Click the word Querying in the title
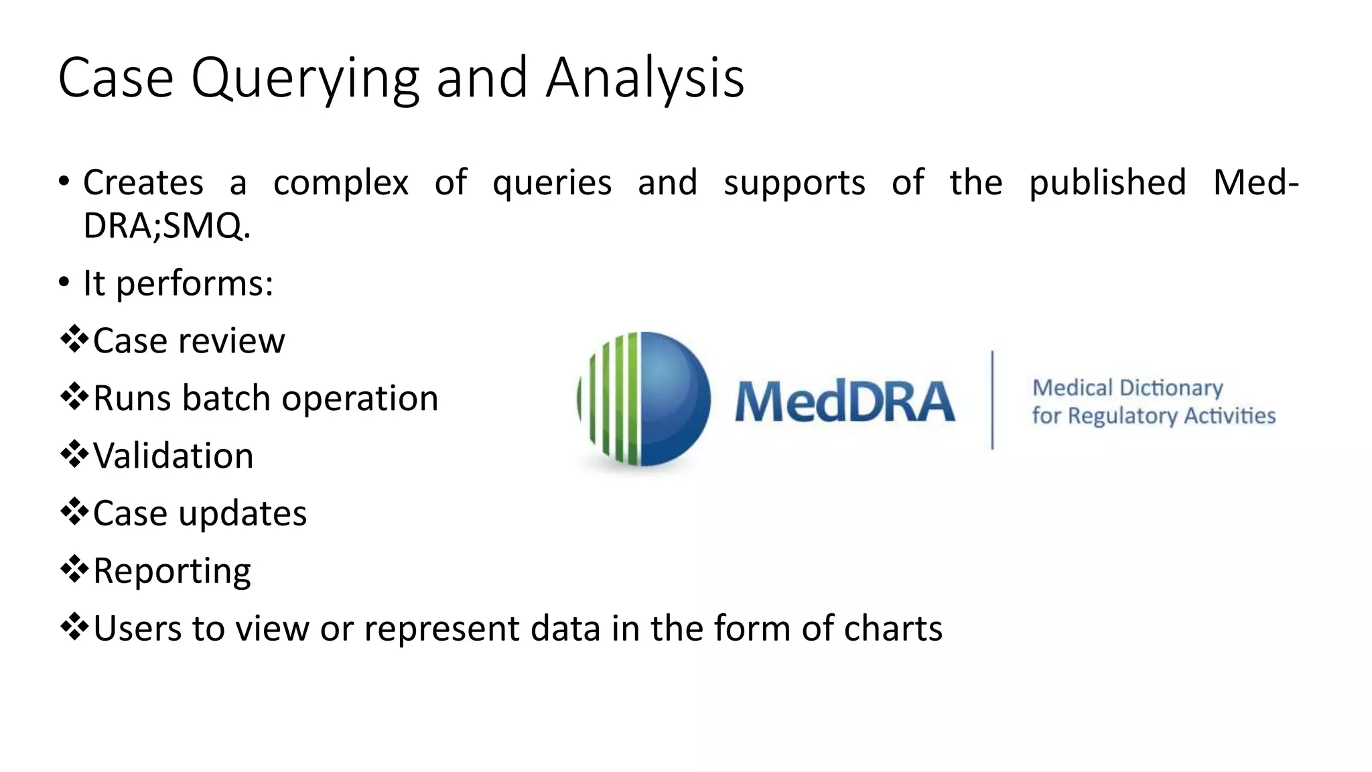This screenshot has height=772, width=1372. (305, 79)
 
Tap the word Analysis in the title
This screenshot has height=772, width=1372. (644, 79)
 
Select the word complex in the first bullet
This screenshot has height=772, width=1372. (340, 183)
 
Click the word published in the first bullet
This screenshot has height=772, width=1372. (1107, 183)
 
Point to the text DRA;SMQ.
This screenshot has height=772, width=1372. (167, 226)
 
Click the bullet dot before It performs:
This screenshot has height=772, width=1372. (64, 282)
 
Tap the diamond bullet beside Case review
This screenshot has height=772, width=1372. (74, 339)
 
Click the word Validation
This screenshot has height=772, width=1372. (173, 456)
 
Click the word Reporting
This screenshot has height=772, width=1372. (171, 572)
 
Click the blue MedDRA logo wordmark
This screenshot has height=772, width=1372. (844, 401)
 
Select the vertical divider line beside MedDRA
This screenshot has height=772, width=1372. (992, 399)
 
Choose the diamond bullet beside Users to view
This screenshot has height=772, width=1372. (74, 627)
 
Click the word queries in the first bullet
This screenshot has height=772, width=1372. (552, 183)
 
